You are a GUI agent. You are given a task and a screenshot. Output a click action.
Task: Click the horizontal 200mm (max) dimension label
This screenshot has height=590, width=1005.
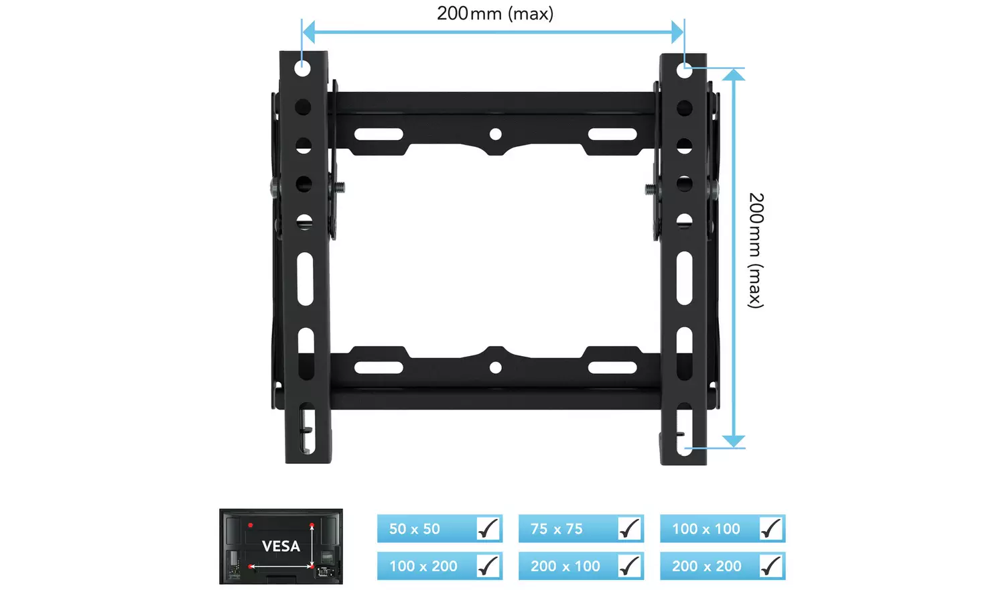pyautogui.click(x=495, y=13)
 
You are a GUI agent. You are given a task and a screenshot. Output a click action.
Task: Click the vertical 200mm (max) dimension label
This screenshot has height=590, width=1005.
pyautogui.click(x=756, y=250)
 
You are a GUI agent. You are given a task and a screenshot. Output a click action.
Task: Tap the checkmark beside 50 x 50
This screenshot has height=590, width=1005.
pyautogui.click(x=488, y=529)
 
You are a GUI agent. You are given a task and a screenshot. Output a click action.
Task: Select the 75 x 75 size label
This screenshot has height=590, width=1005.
pyautogui.click(x=556, y=529)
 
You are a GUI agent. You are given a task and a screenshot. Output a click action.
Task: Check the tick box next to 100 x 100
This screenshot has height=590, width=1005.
pyautogui.click(x=771, y=529)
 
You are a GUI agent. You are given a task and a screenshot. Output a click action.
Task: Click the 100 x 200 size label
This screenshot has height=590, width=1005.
pyautogui.click(x=423, y=567)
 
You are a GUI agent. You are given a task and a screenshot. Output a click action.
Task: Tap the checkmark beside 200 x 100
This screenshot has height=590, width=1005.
pyautogui.click(x=630, y=567)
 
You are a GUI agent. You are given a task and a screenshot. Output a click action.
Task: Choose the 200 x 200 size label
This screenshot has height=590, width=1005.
pyautogui.click(x=706, y=567)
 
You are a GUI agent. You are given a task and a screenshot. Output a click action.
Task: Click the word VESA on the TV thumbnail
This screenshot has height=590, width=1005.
pyautogui.click(x=281, y=546)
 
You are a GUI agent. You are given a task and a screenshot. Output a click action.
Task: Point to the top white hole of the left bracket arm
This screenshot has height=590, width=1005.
pyautogui.click(x=303, y=68)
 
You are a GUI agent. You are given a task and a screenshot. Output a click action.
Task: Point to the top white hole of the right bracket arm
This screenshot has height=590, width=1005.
pyautogui.click(x=684, y=69)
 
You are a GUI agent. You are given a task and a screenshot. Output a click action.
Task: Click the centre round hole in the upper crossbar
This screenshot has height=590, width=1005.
pyautogui.click(x=495, y=134)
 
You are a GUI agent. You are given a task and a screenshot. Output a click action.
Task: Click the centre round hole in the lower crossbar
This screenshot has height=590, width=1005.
pyautogui.click(x=495, y=367)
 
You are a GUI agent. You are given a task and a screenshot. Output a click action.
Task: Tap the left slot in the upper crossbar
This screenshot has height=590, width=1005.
pyautogui.click(x=379, y=134)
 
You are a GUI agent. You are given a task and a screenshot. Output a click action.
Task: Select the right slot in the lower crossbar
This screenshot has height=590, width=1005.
pyautogui.click(x=612, y=367)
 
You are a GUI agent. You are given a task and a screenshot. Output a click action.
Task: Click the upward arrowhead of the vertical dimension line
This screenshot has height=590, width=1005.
pyautogui.click(x=734, y=74)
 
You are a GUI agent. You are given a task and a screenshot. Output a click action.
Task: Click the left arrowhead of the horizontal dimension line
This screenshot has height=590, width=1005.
pyautogui.click(x=309, y=32)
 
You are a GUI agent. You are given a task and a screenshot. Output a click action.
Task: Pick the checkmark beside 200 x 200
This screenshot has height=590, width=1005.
pyautogui.click(x=771, y=567)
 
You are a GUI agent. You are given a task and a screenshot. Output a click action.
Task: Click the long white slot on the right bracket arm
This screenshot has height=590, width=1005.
pyautogui.click(x=684, y=278)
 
